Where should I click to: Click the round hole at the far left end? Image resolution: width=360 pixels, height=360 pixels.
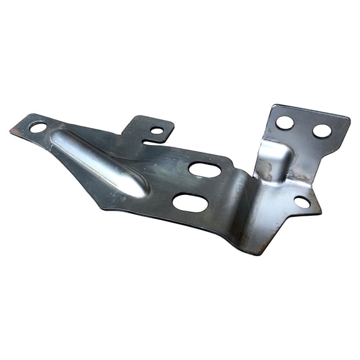click(x=37, y=127)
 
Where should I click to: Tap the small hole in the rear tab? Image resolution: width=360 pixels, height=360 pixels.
click(x=156, y=131)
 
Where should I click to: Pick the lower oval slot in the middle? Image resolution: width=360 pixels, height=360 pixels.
click(x=190, y=202)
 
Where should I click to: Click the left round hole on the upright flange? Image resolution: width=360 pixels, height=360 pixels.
click(x=284, y=122)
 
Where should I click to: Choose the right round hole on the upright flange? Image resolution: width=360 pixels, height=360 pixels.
click(x=321, y=131)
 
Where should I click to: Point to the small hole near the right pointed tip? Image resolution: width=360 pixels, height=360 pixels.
click(x=301, y=202)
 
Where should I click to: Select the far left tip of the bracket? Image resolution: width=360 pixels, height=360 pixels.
click(x=11, y=130)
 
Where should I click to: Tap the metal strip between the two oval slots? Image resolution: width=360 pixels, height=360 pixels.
click(x=196, y=186)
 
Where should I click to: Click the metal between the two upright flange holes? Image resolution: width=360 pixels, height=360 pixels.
click(x=303, y=127)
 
